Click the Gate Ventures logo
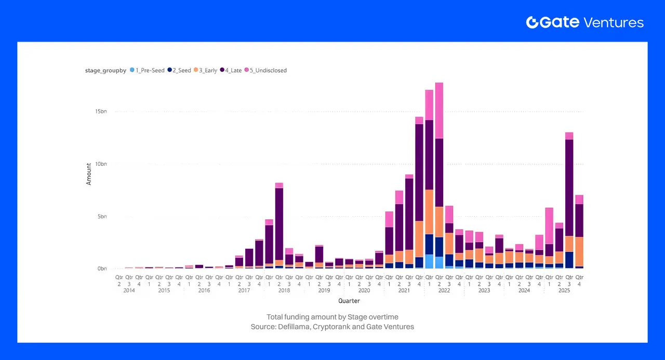(x=584, y=22)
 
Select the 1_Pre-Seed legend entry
(x=149, y=70)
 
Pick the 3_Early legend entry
(x=207, y=70)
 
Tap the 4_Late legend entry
(x=232, y=70)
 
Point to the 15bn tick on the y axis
(x=101, y=111)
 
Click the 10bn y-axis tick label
(x=101, y=164)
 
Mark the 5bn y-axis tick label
(x=102, y=216)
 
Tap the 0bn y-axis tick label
(x=102, y=269)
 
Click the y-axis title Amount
(x=89, y=174)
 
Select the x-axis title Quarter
(x=349, y=301)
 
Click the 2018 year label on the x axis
(x=284, y=290)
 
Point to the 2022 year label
(x=444, y=290)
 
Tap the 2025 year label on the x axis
(x=564, y=290)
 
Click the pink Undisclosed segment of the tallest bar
(x=439, y=110)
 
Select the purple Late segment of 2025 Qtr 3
(x=569, y=187)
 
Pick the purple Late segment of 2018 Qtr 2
(x=279, y=223)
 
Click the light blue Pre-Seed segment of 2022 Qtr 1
(x=429, y=261)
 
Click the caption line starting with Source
(x=332, y=327)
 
